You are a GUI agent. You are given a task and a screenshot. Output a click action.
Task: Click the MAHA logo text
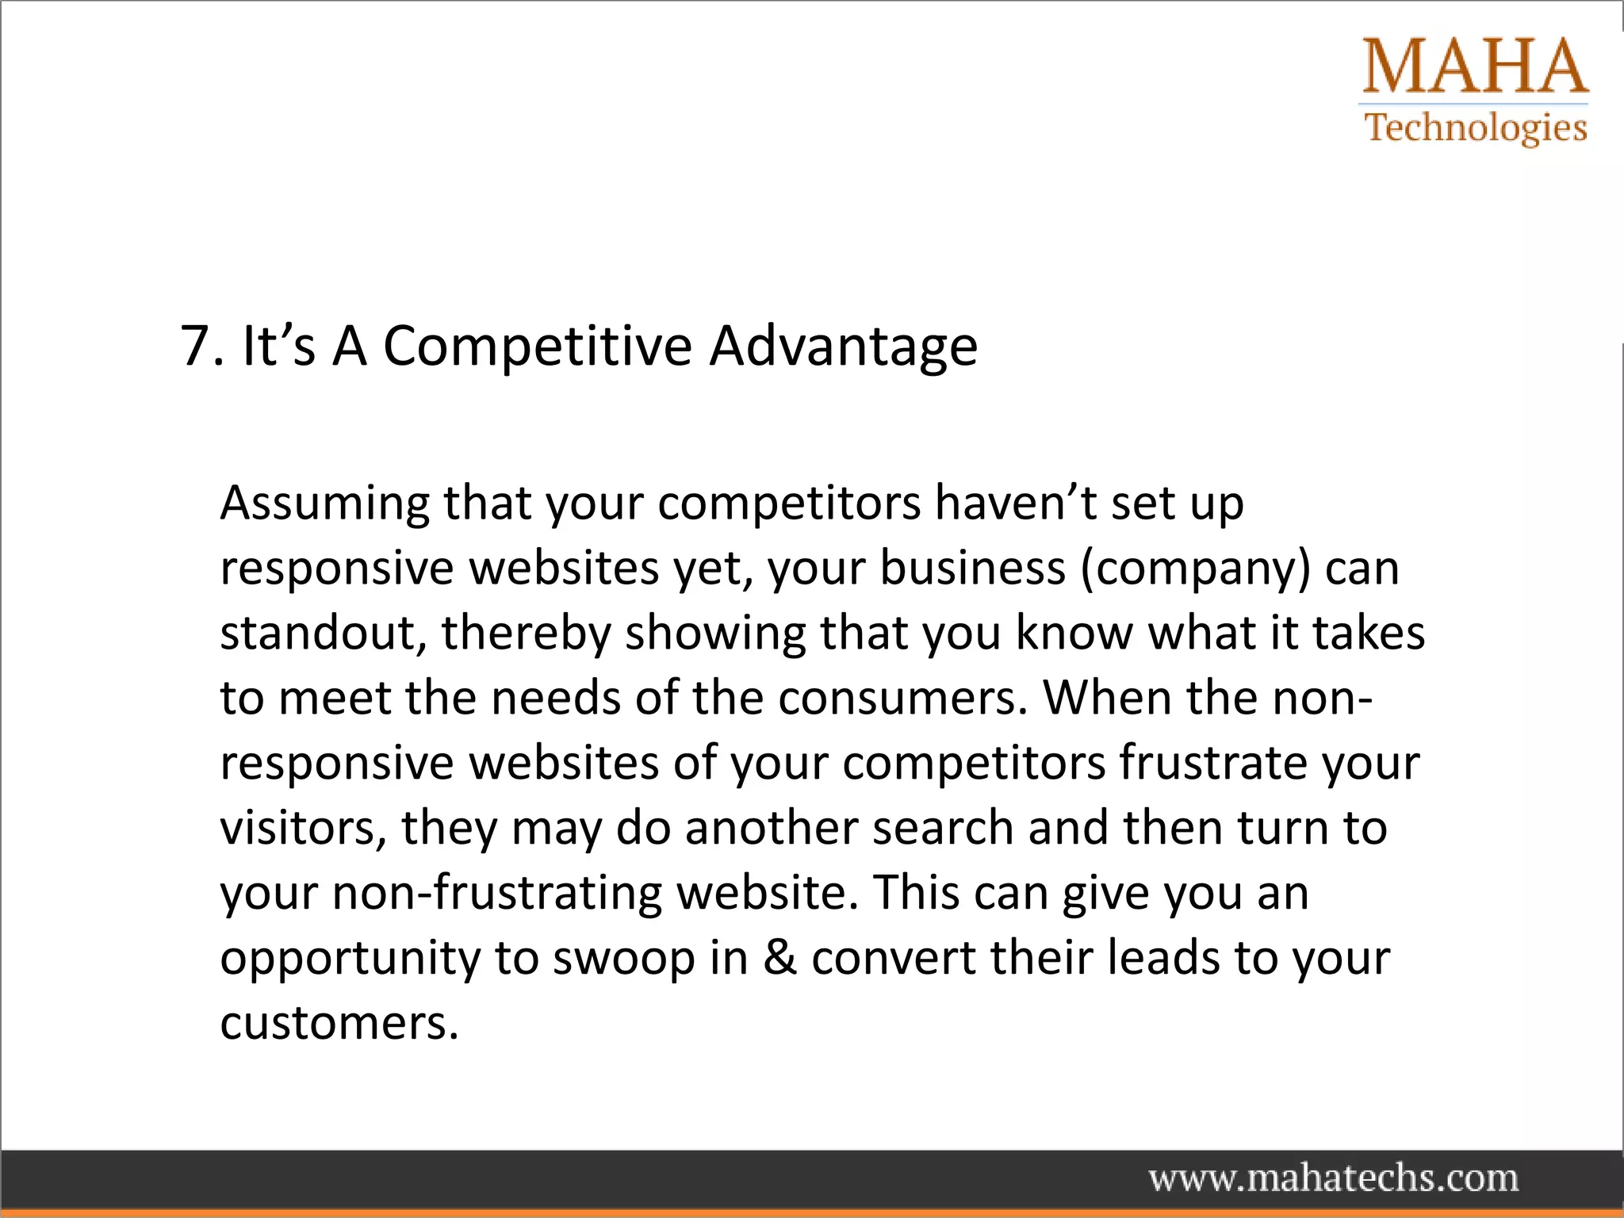tap(1475, 67)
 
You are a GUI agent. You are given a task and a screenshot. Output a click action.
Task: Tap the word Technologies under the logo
tap(1476, 128)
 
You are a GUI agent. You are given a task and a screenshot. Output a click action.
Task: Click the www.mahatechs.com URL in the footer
tap(1334, 1178)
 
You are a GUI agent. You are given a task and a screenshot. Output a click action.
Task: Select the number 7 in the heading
tap(194, 347)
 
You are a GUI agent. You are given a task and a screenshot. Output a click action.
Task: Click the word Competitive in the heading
tap(538, 347)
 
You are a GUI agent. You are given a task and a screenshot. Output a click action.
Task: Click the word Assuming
tap(324, 504)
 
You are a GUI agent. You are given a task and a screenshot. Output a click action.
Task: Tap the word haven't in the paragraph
tap(1015, 503)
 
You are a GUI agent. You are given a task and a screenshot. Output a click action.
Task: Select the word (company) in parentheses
tap(1196, 569)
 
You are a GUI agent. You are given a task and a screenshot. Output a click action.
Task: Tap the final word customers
tap(339, 1024)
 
